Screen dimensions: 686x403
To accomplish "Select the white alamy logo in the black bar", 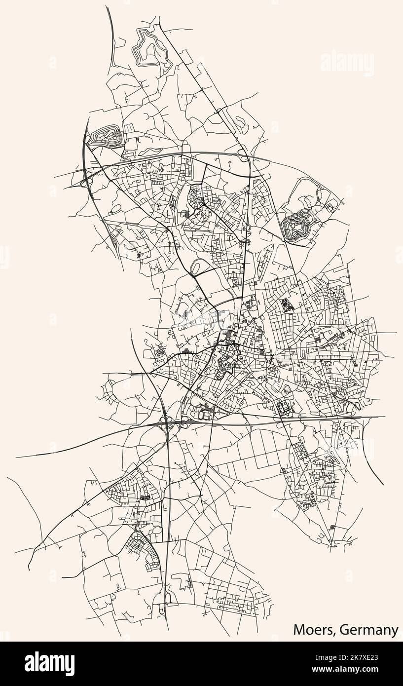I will pos(49,664).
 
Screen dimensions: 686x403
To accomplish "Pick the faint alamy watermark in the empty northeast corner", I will pos(347,63).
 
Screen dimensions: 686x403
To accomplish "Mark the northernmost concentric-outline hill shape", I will pos(147,47).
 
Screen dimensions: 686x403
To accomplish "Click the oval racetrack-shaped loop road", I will pos(196,267).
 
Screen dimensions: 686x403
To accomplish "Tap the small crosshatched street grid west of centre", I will pos(159,351).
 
